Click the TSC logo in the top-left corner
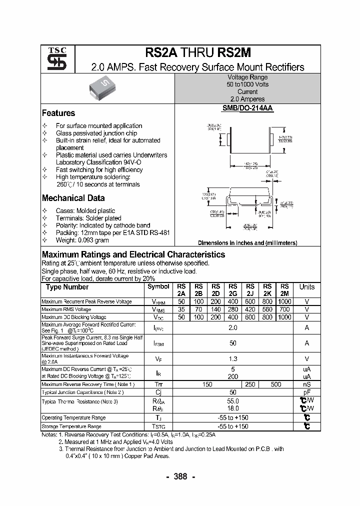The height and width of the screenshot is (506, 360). pyautogui.click(x=53, y=59)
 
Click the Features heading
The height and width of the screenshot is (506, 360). pyautogui.click(x=58, y=113)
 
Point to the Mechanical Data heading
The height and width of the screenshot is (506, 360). pyautogui.click(x=73, y=198)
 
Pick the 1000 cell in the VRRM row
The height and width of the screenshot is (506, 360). pyautogui.click(x=284, y=302)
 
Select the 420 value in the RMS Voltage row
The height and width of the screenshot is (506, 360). pyautogui.click(x=250, y=309)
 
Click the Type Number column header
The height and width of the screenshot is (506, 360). pyautogui.click(x=67, y=287)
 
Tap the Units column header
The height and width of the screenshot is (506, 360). pyautogui.click(x=306, y=287)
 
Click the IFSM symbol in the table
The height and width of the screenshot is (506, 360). pyautogui.click(x=158, y=343)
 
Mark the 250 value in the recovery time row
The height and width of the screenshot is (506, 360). pyautogui.click(x=250, y=384)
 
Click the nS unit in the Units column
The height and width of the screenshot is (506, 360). pyautogui.click(x=306, y=384)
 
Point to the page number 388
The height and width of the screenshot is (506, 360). pyautogui.click(x=180, y=476)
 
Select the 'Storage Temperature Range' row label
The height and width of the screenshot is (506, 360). pyautogui.click(x=71, y=426)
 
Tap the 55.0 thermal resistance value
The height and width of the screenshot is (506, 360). pyautogui.click(x=233, y=401)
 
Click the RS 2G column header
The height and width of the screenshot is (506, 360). pyautogui.click(x=233, y=290)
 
